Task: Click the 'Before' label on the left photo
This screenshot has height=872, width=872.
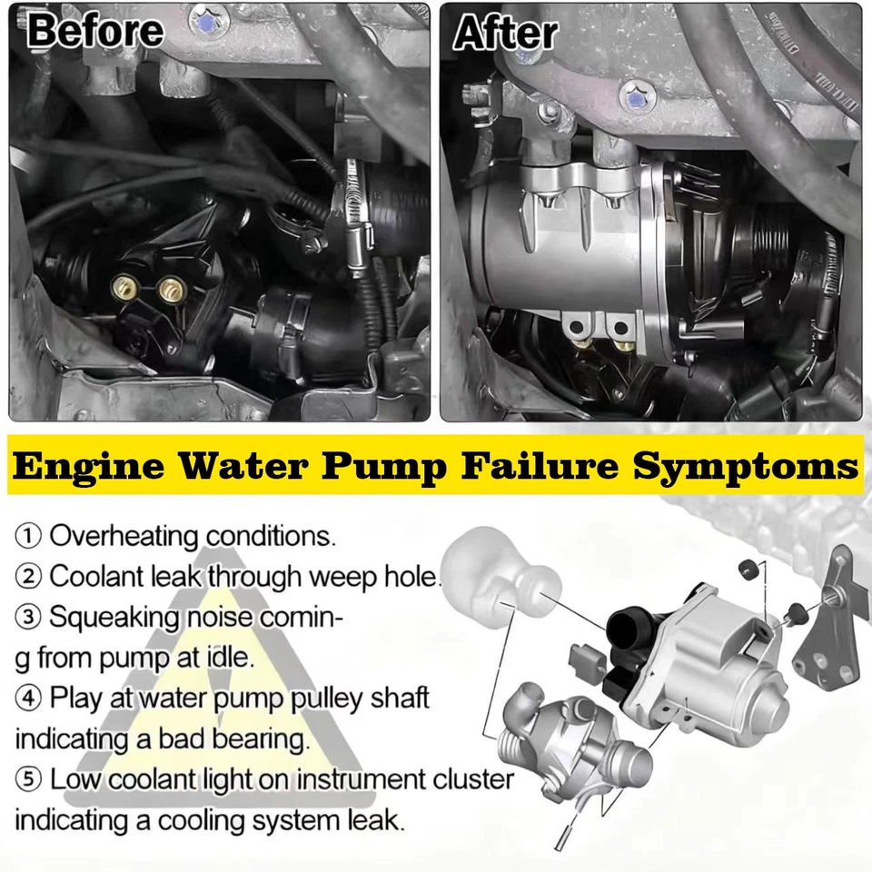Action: (x=95, y=32)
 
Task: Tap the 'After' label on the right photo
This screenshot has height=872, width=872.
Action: (x=505, y=33)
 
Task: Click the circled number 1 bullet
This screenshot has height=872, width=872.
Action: (x=27, y=535)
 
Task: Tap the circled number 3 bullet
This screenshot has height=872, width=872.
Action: (x=27, y=618)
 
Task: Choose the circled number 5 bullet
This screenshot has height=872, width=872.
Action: (x=27, y=779)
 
